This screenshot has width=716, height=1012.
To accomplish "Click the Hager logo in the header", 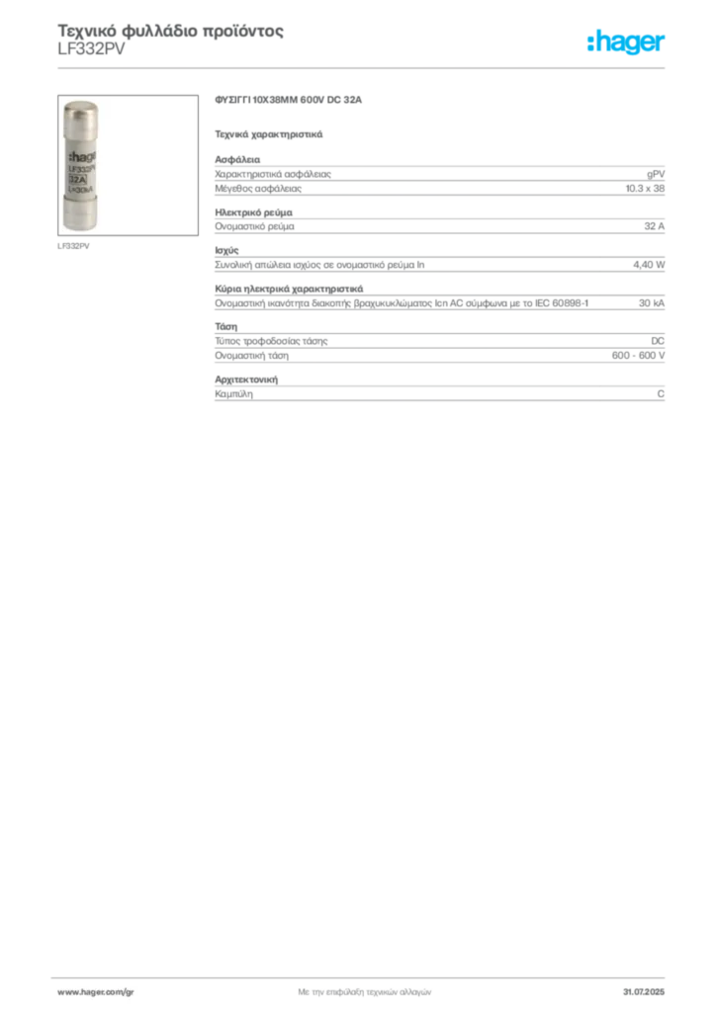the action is point(626,42).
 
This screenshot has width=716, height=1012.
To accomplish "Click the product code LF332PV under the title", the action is point(91,49).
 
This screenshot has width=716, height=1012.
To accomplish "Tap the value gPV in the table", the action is point(656,174).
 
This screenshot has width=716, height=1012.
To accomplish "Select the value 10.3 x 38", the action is point(645,189).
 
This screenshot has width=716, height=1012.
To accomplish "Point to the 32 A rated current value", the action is point(654,226).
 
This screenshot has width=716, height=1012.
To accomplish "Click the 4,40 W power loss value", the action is point(649,265).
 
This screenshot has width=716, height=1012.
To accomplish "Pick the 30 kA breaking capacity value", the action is point(652,302).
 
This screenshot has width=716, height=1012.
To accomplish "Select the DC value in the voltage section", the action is point(658,341).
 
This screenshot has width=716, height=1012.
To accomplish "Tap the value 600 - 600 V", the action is point(638,356).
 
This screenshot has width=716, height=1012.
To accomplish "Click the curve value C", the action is point(661,393).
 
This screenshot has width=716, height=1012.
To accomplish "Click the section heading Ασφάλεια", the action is point(237,159).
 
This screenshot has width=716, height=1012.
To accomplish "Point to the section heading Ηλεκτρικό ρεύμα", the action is point(254,212).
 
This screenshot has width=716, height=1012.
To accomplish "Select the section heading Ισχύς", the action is point(226,250).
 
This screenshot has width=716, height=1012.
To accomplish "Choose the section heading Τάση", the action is point(225,326).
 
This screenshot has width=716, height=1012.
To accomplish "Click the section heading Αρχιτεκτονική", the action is point(246,379).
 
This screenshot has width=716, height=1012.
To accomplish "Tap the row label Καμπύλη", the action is point(233,393).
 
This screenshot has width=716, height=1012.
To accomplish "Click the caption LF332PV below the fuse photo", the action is point(73,246).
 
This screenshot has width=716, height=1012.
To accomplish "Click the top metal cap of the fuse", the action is point(81,115).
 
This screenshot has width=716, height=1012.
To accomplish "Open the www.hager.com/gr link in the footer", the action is point(96,992).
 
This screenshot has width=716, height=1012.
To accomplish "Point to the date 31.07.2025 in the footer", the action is point(644,992).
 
